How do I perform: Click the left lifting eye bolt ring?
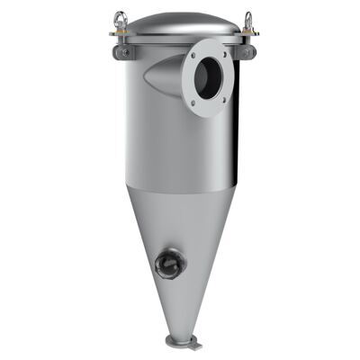point(120,18)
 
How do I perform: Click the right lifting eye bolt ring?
point(248,19)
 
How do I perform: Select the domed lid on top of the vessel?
point(184,22)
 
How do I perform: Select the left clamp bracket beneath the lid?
point(123,51)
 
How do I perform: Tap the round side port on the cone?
point(168,264)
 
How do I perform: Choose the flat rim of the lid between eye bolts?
point(184,38)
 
